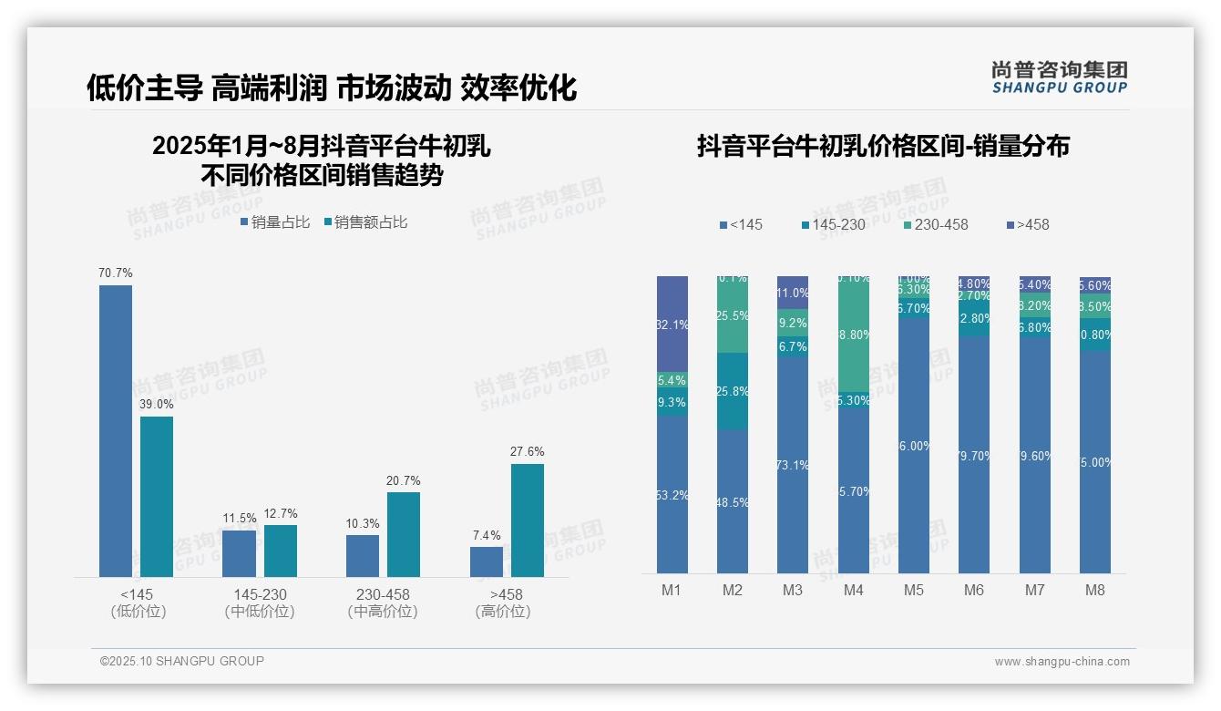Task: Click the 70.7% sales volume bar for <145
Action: point(116,430)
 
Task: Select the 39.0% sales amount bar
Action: point(157,496)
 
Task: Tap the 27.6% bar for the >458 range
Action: point(528,520)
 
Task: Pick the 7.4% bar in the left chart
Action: point(487,562)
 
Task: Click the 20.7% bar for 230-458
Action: point(404,534)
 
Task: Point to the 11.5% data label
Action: point(240,519)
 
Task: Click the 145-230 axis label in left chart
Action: point(260,594)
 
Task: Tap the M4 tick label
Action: point(853,590)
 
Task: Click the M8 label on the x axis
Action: point(1095,590)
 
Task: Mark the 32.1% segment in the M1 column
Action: point(672,324)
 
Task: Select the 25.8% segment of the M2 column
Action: point(733,391)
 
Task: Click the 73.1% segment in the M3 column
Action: point(793,465)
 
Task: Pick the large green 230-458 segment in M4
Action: point(853,335)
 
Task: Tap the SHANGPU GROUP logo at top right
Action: point(1060,77)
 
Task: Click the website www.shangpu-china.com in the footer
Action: point(1062,662)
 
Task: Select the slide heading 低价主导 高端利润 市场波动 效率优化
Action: point(332,88)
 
